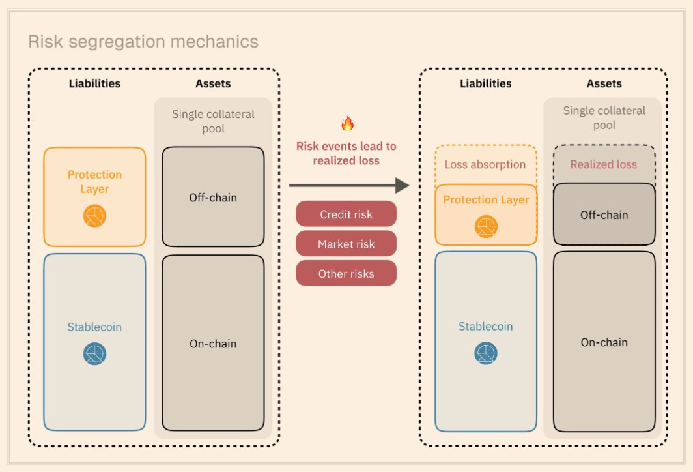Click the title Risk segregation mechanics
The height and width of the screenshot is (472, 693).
point(143,42)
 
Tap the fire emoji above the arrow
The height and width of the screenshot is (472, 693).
point(347,124)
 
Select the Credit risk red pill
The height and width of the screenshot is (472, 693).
point(346,214)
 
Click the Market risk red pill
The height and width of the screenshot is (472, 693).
point(346,244)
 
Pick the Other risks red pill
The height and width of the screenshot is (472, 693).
point(346,274)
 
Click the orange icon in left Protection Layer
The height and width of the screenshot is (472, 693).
point(94,216)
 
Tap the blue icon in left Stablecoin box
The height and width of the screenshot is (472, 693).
point(94,353)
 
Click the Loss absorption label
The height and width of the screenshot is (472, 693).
point(485,165)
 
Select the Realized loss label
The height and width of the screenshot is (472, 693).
point(604,165)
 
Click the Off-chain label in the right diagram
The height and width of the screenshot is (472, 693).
point(604,214)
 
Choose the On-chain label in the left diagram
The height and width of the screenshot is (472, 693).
point(213,344)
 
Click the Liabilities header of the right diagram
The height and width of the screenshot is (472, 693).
point(485,83)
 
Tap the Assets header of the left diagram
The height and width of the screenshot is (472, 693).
point(213,83)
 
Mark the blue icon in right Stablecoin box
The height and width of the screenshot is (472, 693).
point(485,353)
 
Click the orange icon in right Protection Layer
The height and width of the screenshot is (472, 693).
point(486,226)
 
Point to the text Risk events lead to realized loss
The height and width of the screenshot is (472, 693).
point(346,153)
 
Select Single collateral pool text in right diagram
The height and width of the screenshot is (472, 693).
point(604,118)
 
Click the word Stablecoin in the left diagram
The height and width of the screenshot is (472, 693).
point(94,327)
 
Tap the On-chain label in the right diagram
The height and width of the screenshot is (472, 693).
point(604,342)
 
